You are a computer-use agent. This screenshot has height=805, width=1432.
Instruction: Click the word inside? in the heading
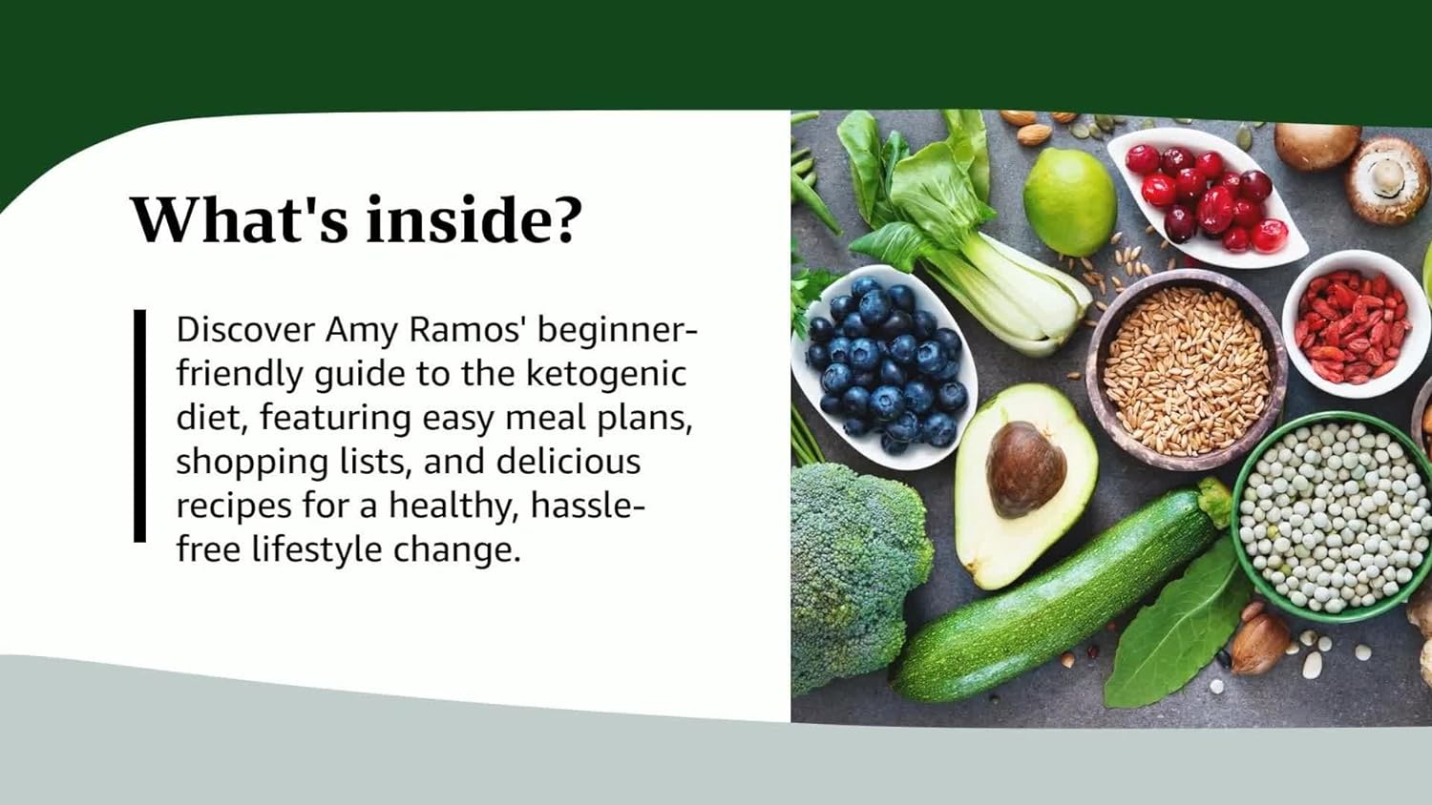click(474, 219)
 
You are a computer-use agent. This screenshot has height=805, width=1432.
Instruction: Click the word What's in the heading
click(239, 219)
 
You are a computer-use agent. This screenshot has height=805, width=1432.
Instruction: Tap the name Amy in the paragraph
click(362, 329)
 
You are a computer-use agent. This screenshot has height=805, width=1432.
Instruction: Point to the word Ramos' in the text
click(468, 329)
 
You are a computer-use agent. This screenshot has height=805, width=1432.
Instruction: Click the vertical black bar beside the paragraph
click(140, 425)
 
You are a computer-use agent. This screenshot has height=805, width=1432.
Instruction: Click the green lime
click(1069, 202)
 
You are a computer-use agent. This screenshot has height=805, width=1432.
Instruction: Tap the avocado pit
click(1025, 468)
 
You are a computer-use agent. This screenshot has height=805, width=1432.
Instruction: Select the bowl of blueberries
click(883, 367)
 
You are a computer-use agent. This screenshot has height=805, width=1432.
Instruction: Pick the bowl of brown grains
click(1186, 367)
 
